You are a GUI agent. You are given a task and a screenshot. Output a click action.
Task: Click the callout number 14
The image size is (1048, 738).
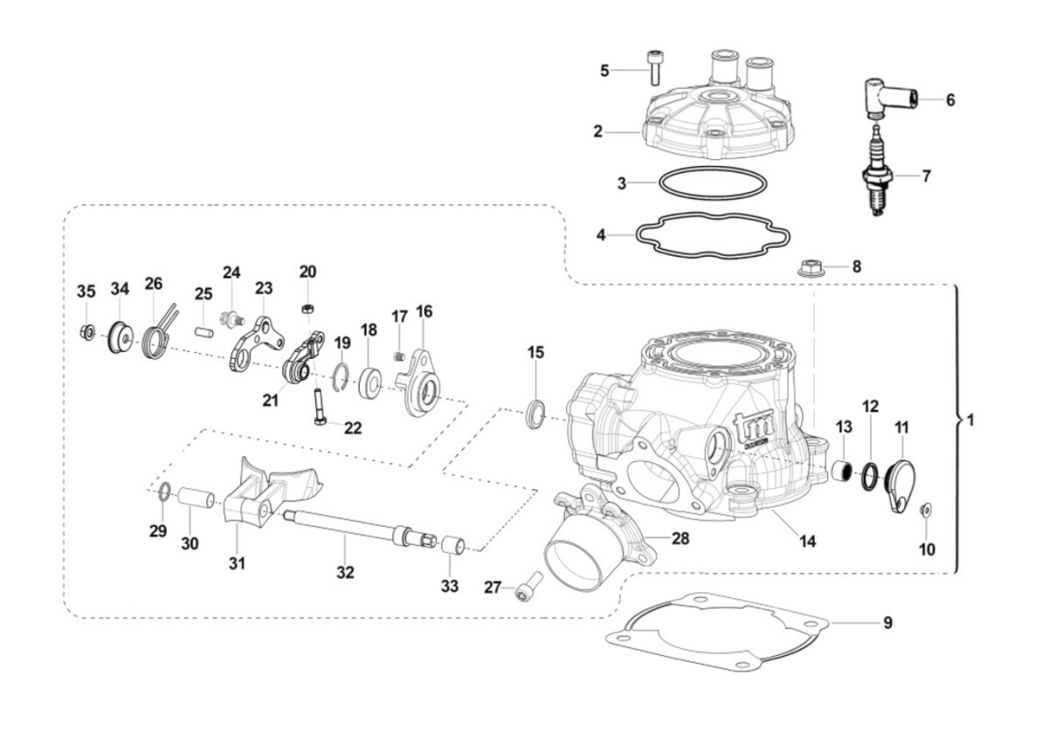click(x=807, y=541)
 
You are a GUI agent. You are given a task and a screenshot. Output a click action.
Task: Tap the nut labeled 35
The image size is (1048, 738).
click(x=87, y=331)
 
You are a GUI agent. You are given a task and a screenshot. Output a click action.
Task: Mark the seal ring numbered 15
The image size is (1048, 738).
click(x=535, y=410)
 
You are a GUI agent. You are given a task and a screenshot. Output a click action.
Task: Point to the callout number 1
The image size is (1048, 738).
click(x=969, y=420)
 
